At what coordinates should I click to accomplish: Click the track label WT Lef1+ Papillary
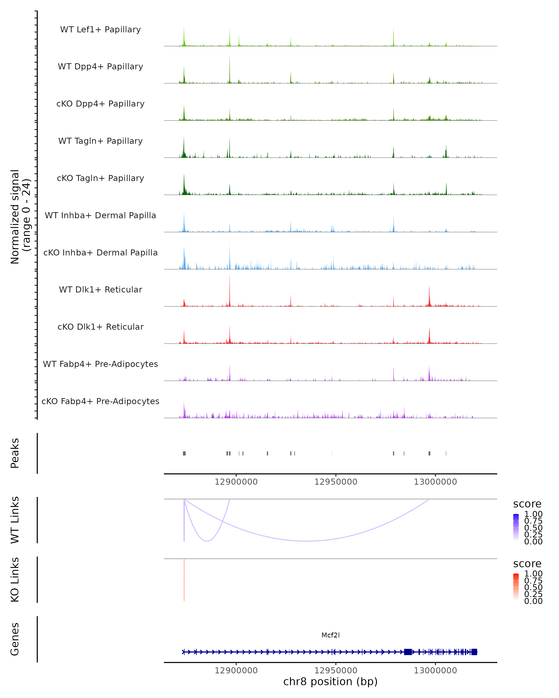coord(100,30)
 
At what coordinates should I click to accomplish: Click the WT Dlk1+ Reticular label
coord(100,289)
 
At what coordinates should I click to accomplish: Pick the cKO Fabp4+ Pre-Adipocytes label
coord(100,401)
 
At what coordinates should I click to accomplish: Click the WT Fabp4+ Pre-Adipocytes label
coord(100,364)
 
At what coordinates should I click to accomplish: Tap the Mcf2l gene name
coord(331,635)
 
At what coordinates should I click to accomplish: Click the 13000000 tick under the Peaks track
coord(435,482)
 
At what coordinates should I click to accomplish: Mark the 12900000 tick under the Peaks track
coord(236,482)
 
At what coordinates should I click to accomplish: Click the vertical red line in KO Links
coord(184,580)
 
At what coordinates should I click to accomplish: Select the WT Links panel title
coord(15,520)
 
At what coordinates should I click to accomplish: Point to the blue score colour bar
coord(516,527)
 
